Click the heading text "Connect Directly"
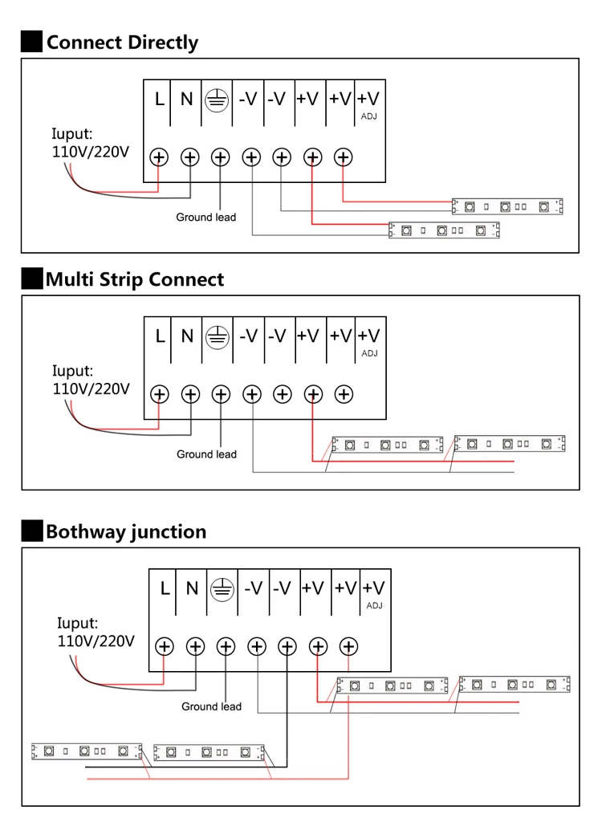coord(122,43)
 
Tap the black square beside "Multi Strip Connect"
coord(31,279)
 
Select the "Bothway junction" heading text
coord(126,531)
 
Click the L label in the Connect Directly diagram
coord(160,99)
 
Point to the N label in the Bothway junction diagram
coord(192,588)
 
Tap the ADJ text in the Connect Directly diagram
coord(369,116)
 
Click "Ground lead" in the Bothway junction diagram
coord(211,706)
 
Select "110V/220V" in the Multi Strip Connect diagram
coord(91,389)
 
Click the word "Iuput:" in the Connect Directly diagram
coord(72,133)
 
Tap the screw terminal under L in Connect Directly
coord(160,157)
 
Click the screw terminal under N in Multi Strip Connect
coord(190,394)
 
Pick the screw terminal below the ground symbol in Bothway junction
coord(226,646)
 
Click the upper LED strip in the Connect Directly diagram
coord(507,206)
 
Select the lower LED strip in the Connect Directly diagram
coord(444,230)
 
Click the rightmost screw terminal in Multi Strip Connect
coord(344,394)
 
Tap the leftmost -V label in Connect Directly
coord(248,99)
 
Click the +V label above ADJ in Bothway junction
coord(373,588)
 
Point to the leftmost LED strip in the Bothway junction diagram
coord(87,751)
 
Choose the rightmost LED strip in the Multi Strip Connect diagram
coord(509,443)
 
